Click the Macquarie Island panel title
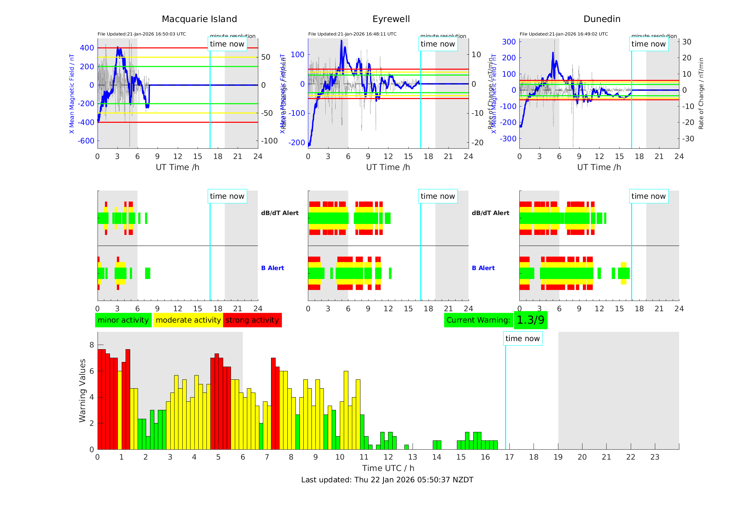199,19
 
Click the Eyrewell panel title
391,19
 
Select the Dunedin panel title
602,19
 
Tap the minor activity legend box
123,320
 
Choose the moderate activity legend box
188,320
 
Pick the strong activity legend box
252,320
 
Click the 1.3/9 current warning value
530,320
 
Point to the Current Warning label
478,320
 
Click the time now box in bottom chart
523,339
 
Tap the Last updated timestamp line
387,480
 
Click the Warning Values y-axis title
83,390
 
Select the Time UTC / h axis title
388,468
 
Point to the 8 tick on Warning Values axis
92,345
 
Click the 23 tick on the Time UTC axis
655,457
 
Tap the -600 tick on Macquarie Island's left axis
86,141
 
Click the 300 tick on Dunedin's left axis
509,42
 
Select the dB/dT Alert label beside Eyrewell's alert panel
280,213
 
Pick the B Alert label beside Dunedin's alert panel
483,268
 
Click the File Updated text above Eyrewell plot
352,34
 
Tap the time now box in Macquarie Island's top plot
227,44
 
